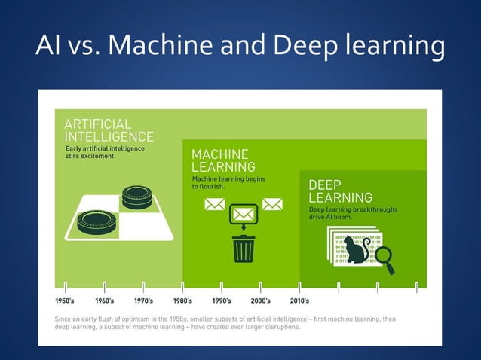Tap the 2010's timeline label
click(x=300, y=301)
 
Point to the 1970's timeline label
click(x=144, y=301)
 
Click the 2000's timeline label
click(x=261, y=301)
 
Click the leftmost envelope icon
click(x=215, y=204)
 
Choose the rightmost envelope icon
click(x=271, y=204)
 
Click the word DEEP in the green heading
click(x=325, y=185)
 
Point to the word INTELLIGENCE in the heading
click(x=109, y=136)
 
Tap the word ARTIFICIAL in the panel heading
click(x=98, y=124)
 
